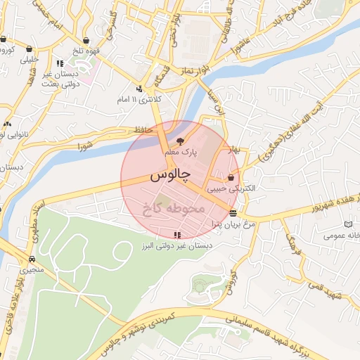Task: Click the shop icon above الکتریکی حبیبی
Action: pyautogui.click(x=231, y=177)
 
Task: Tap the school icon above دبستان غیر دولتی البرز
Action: pyautogui.click(x=176, y=235)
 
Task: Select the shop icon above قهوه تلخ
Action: pyautogui.click(x=86, y=40)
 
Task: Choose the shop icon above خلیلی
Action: pyautogui.click(x=30, y=49)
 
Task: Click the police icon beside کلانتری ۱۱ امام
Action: pyautogui.click(x=139, y=89)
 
